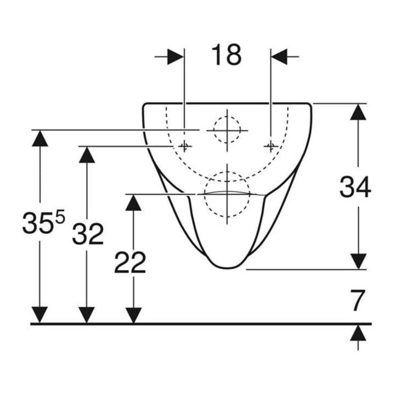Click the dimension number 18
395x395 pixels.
coord(226,55)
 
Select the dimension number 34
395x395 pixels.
coord(355,187)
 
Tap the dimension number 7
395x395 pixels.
coord(358,300)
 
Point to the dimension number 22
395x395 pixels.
coord(130,262)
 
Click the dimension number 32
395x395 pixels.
coord(88,234)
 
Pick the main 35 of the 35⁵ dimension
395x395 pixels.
coord(38,223)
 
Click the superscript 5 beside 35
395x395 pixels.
coord(60,216)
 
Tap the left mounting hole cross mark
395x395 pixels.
coord(184,146)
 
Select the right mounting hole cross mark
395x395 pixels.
coord(271,146)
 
